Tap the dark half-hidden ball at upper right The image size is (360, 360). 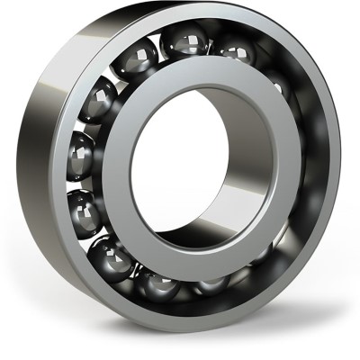tap(275, 85)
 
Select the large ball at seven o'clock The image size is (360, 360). tap(112, 256)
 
